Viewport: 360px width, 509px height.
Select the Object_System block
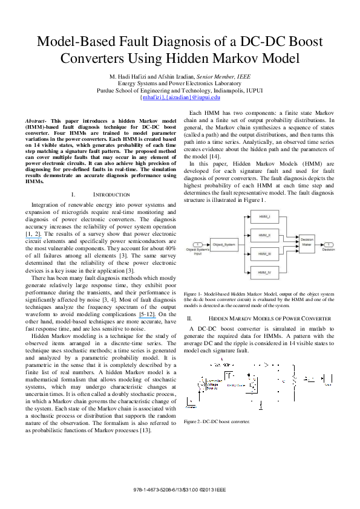[x=221, y=244]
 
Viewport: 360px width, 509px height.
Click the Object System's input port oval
[x=196, y=244]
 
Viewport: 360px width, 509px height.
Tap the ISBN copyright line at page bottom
[x=180, y=490]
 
